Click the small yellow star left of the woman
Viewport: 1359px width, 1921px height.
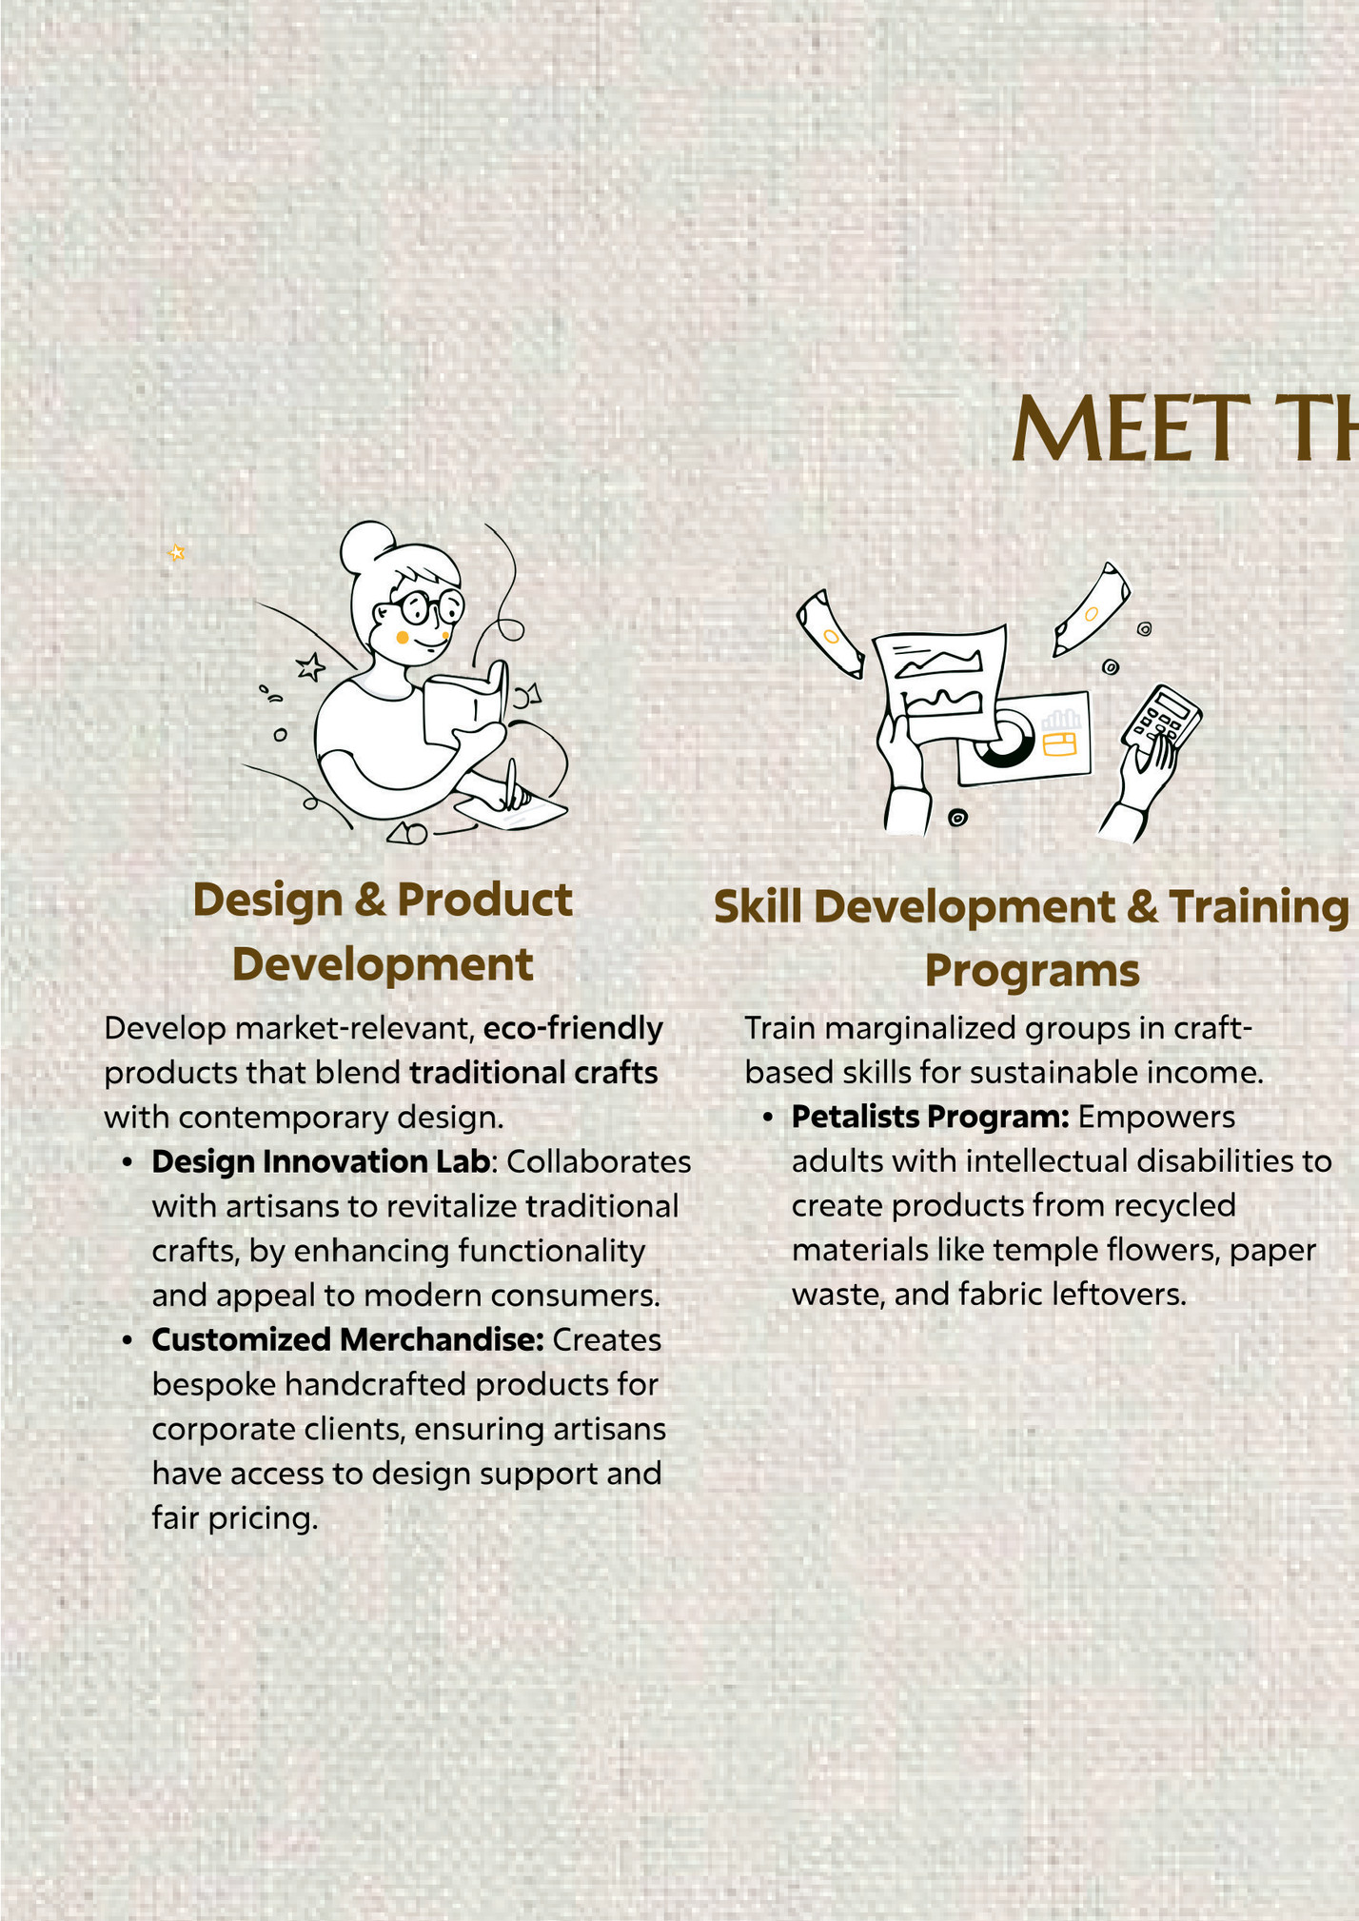pyautogui.click(x=176, y=552)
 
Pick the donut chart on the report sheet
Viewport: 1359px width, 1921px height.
pyautogui.click(x=1003, y=739)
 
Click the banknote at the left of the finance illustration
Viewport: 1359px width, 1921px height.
pyautogui.click(x=830, y=633)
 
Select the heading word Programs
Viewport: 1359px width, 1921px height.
pyautogui.click(x=1032, y=971)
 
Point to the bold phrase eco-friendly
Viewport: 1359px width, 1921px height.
pyautogui.click(x=573, y=1028)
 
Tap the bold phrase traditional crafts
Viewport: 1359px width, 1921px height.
pyautogui.click(x=533, y=1073)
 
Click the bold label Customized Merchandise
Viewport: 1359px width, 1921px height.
pyautogui.click(x=347, y=1339)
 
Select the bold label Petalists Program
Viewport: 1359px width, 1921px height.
pyautogui.click(x=931, y=1117)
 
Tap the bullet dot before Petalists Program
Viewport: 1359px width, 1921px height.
pyautogui.click(x=767, y=1118)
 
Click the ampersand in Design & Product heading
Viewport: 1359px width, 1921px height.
pyautogui.click(x=369, y=901)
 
